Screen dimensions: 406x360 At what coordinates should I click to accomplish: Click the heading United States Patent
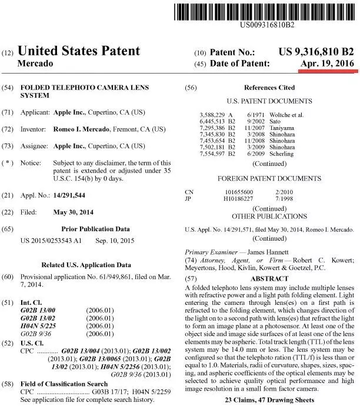click(79, 51)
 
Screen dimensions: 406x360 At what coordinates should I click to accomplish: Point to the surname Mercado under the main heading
click(36, 63)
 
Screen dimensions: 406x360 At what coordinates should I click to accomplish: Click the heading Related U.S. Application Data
click(90, 265)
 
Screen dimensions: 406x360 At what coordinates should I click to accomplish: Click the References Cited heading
click(269, 88)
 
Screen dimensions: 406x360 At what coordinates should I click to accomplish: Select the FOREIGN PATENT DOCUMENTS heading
click(269, 177)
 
